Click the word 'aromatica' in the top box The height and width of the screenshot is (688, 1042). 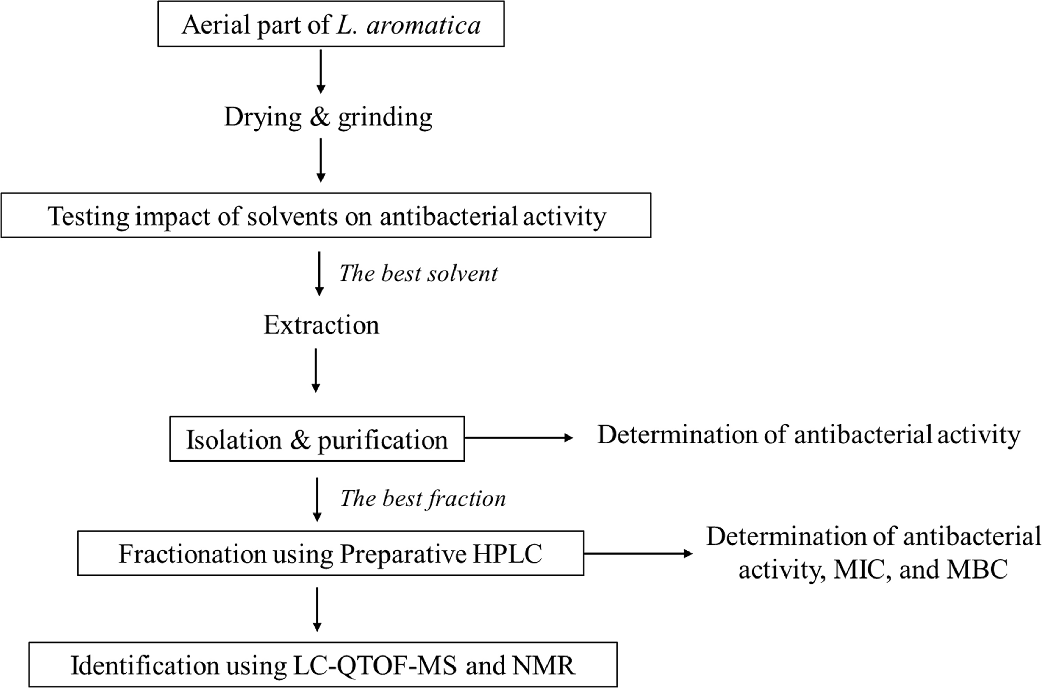coord(423,25)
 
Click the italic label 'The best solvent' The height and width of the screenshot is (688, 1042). coord(418,274)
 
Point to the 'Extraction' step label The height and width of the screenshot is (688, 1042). coord(321,325)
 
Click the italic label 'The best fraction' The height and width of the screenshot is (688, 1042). coord(423,499)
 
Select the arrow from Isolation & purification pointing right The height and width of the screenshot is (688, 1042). coord(519,438)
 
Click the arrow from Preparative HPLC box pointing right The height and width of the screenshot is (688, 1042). coord(638,554)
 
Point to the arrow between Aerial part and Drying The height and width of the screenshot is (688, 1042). coord(321,72)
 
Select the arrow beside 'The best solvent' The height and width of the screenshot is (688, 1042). coord(320,274)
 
